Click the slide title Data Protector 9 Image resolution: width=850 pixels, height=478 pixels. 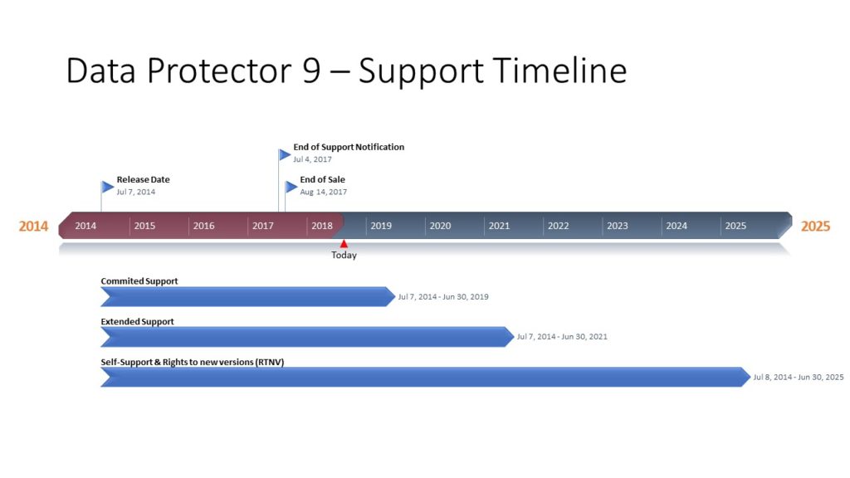(346, 71)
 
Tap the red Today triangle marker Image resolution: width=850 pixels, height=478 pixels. (344, 243)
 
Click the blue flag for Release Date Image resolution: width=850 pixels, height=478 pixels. (107, 187)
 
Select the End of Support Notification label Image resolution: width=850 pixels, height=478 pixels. (349, 147)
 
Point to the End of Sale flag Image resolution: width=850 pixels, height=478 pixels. (291, 187)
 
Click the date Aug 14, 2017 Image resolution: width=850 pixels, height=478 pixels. (324, 192)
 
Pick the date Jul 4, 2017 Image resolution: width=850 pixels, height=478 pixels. (312, 159)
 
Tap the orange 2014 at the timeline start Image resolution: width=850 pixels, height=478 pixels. (34, 227)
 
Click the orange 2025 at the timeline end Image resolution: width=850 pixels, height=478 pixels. (815, 227)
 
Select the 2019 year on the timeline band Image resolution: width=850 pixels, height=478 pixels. (381, 226)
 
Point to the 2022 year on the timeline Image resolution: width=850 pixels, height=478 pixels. (559, 226)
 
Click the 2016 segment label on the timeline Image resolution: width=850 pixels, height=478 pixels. (203, 226)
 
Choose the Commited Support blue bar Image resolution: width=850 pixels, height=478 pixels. (247, 296)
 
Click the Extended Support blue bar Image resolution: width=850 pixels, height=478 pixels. (307, 336)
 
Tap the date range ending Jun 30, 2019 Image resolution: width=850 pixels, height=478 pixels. (443, 297)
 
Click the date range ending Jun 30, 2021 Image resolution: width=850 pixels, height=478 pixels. (563, 337)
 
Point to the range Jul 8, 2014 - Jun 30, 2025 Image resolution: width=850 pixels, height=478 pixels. (798, 377)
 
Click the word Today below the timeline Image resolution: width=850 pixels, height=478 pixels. (344, 256)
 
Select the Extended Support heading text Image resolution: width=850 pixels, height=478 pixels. (138, 321)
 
